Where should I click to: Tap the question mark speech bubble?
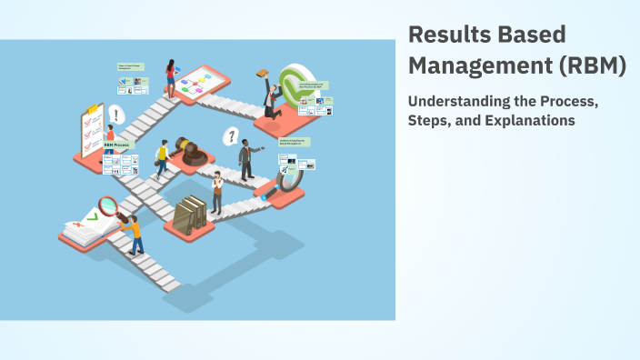point(232,136)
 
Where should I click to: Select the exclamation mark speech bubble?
point(115,115)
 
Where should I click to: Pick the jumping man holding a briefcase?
point(269,95)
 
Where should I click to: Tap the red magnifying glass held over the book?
point(109,206)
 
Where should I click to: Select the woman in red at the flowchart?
point(170,78)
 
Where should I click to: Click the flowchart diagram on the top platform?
point(197,85)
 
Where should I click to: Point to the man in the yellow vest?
point(162,159)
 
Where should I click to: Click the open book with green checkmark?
point(87,225)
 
